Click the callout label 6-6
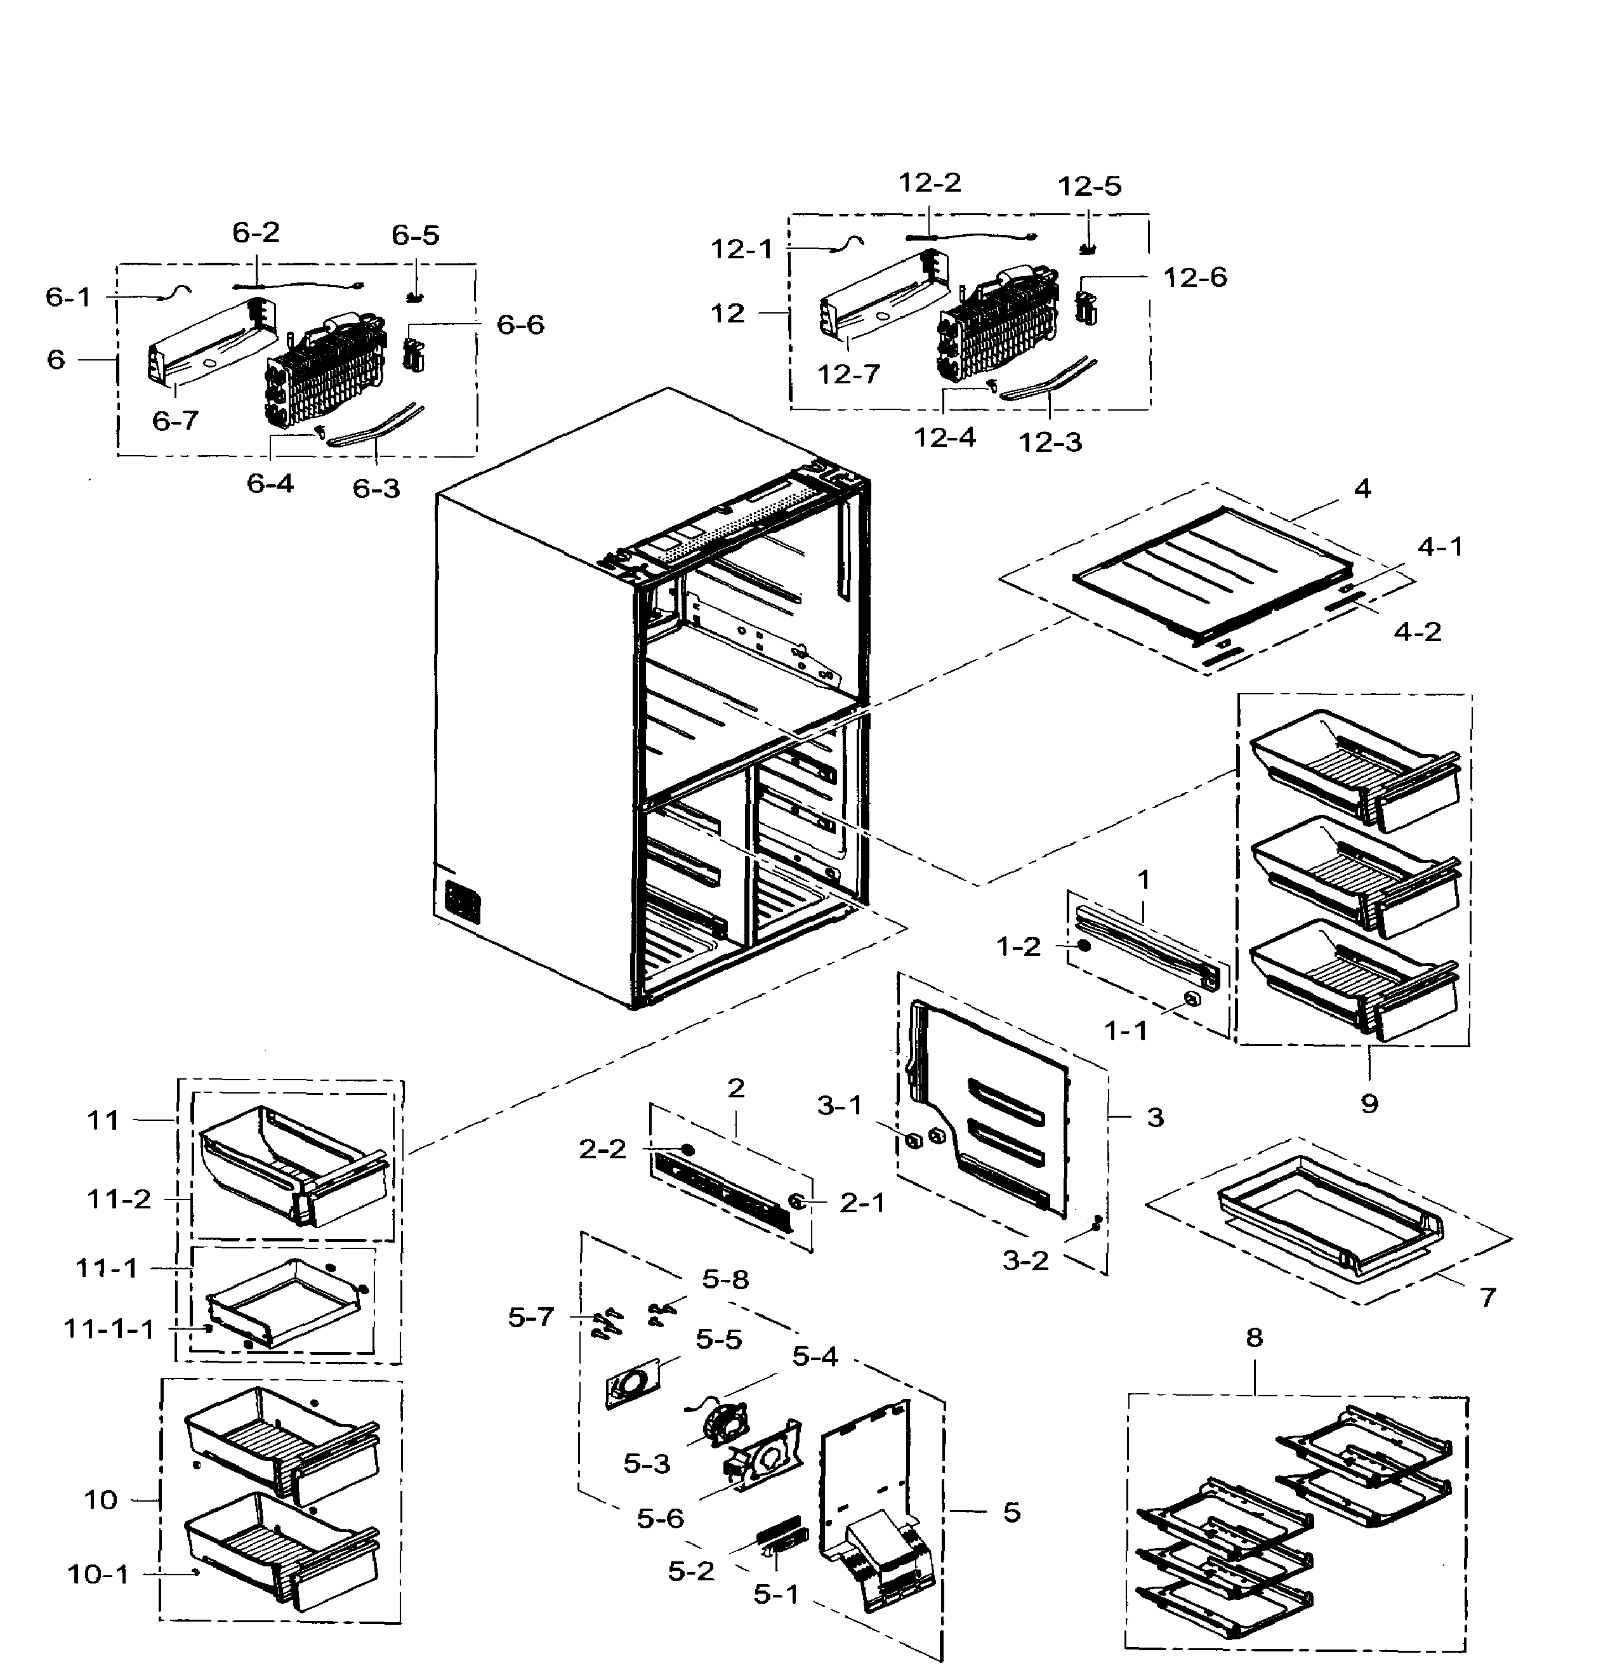(520, 324)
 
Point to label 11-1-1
(109, 1329)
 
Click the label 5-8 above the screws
(725, 1280)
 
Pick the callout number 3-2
(1025, 1260)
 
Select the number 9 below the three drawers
(1369, 1104)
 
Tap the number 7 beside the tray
(1488, 1297)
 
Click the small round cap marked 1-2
(1083, 946)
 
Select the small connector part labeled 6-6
(413, 354)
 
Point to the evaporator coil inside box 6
(324, 376)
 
